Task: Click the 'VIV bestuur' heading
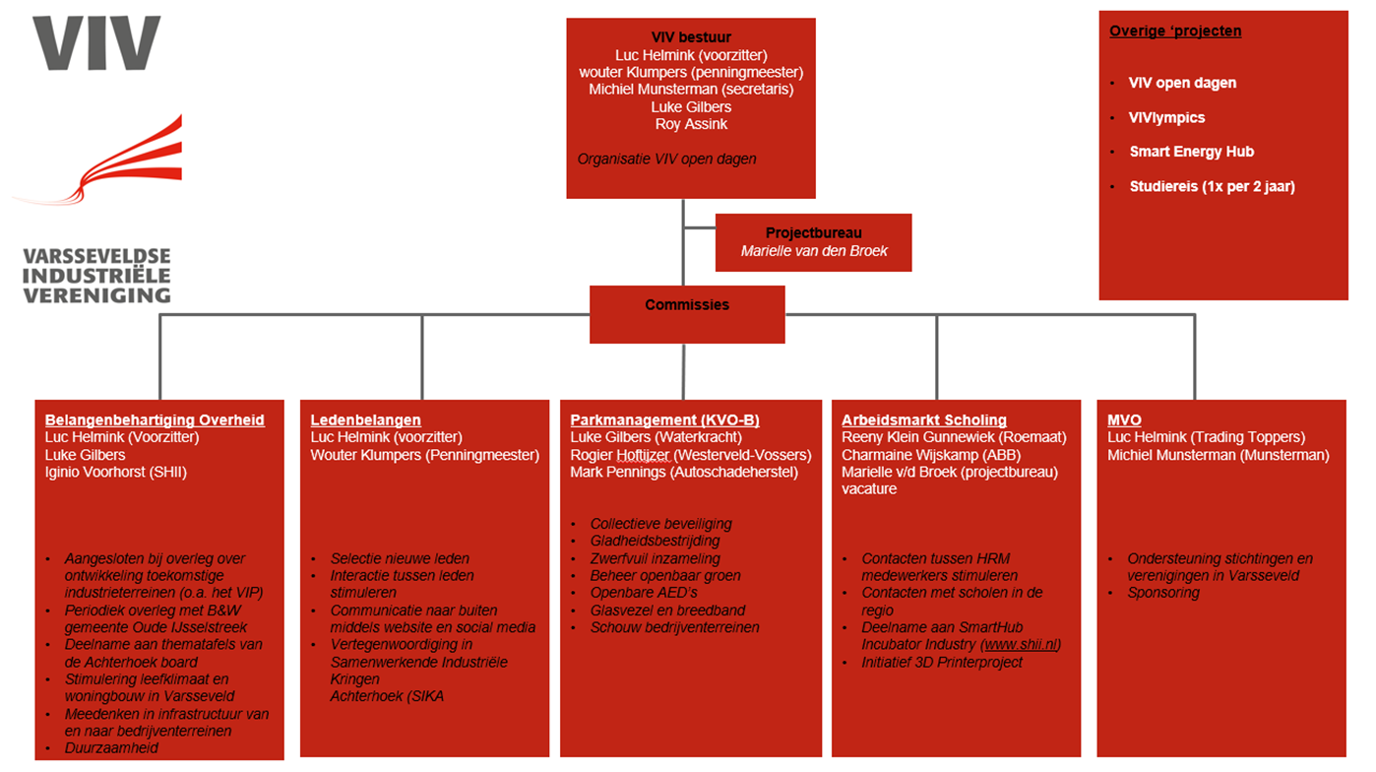691,37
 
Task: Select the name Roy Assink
691,124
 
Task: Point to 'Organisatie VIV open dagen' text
666,159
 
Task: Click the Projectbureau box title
813,233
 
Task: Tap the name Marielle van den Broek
813,251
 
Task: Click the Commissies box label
686,305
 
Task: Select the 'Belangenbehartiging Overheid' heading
155,420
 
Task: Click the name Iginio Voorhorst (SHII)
115,472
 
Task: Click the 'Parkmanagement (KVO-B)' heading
664,420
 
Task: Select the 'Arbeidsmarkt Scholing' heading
923,420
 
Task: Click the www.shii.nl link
1020,645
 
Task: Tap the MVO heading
1124,420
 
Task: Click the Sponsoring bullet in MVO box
1163,593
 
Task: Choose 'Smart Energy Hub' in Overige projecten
1191,152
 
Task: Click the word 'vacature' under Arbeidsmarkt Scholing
869,489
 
